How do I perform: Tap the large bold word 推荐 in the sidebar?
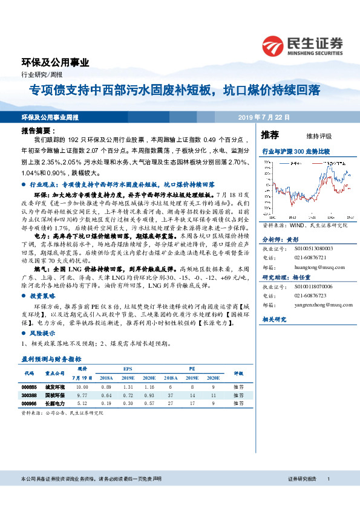(x=270, y=135)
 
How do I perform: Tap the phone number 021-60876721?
(x=310, y=256)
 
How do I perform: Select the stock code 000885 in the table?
(x=29, y=386)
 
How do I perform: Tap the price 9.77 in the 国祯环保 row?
(x=82, y=394)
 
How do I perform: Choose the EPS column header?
(x=128, y=368)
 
